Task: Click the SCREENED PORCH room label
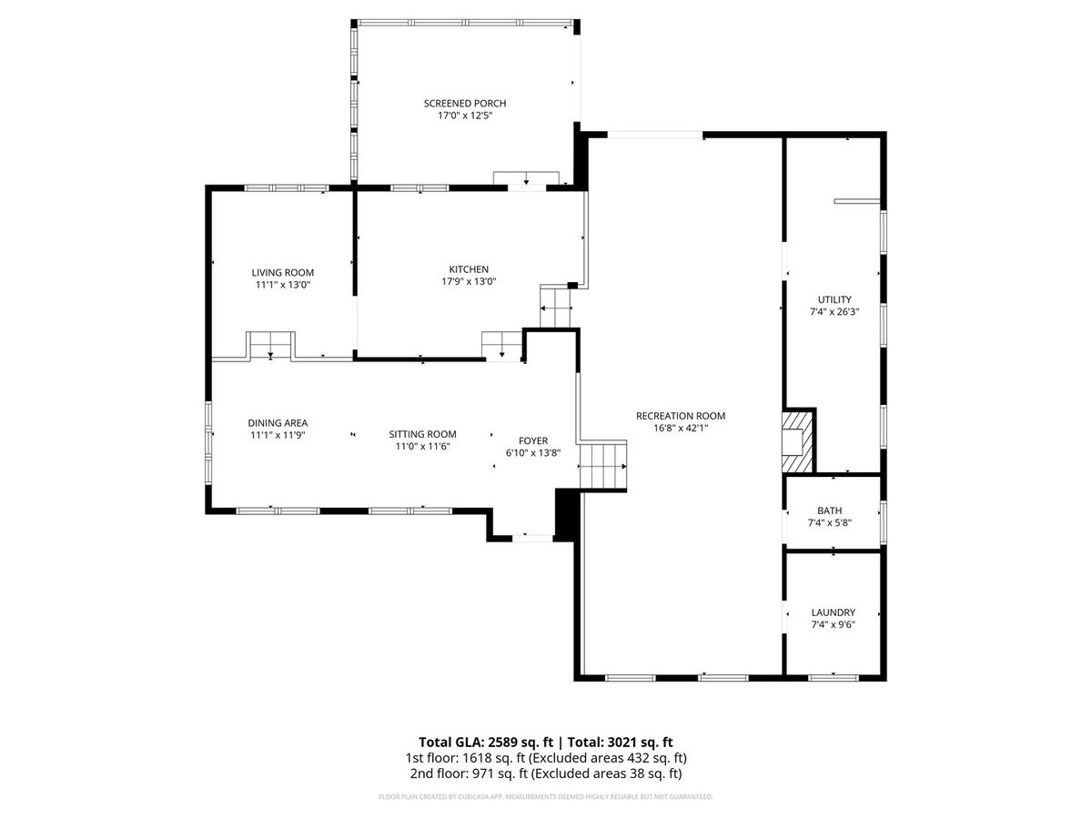tap(465, 104)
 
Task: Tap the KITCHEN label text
tap(468, 269)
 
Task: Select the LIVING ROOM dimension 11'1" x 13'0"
tap(283, 285)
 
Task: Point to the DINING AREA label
tap(278, 422)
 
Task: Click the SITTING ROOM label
tap(422, 434)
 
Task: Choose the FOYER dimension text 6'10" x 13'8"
tap(533, 452)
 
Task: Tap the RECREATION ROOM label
tap(680, 416)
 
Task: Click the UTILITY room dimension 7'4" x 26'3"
tap(834, 312)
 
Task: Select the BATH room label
tap(829, 511)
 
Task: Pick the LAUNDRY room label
tap(833, 612)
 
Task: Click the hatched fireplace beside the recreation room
tap(797, 441)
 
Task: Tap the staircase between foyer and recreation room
tap(603, 466)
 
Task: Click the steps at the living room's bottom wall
tap(270, 345)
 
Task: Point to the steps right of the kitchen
tap(555, 307)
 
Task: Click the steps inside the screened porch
tap(526, 177)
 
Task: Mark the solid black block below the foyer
tap(567, 515)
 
